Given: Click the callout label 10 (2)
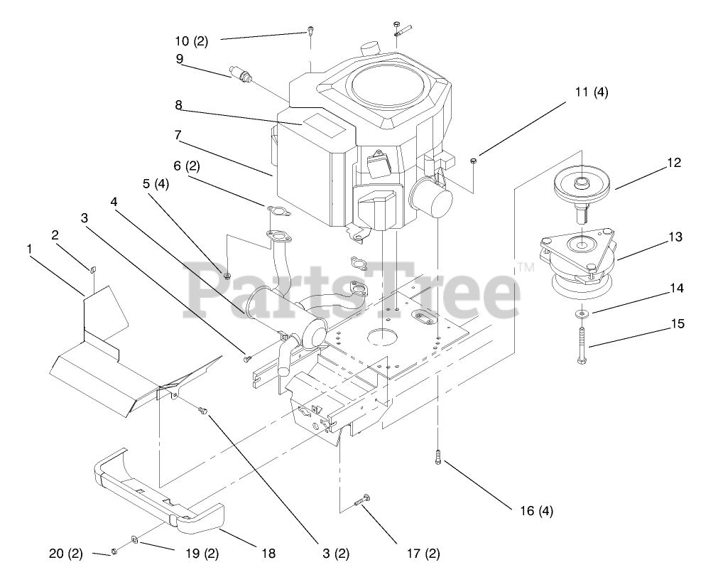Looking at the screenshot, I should point(191,41).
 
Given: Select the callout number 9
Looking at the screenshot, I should point(180,59).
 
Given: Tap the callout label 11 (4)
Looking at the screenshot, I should point(592,92).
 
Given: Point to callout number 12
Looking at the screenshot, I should point(673,163).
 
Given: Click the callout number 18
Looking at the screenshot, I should point(268,553).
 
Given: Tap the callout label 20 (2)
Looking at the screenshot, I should point(65,553).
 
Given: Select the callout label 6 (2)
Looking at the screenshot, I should point(187,166).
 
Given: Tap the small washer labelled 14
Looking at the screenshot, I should point(582,313).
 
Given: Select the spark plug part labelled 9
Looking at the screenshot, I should point(242,75).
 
